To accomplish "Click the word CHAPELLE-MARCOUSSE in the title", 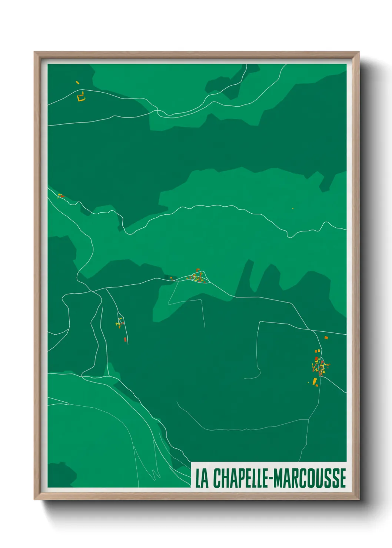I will [280, 478].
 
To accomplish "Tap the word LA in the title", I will [202, 478].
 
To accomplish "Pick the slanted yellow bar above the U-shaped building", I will [77, 83].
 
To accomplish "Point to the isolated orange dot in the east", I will [293, 208].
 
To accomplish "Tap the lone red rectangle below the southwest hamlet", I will [125, 339].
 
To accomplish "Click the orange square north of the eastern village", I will [326, 337].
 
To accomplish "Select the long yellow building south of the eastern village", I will [315, 381].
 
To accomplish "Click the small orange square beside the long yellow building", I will [317, 385].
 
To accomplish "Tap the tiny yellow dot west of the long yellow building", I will [308, 382].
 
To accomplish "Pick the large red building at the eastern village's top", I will [316, 359].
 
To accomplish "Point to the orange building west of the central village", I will [171, 278].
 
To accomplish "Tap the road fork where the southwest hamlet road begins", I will [106, 288].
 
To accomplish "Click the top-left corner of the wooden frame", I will [34, 52].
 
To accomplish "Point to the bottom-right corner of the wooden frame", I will [359, 499].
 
